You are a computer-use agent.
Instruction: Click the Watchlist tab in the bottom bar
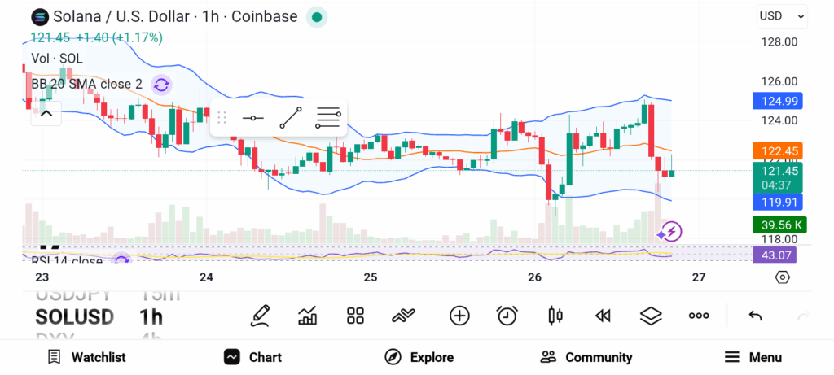click(x=87, y=357)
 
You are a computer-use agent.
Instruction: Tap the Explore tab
click(x=419, y=357)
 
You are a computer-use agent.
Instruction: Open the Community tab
click(x=586, y=357)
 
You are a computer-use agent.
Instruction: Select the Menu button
click(x=753, y=357)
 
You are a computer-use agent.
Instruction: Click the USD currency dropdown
click(x=782, y=15)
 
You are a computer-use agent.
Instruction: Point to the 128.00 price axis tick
click(x=779, y=42)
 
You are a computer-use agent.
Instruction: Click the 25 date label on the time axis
click(x=371, y=277)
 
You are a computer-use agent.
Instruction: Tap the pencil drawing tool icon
click(x=261, y=316)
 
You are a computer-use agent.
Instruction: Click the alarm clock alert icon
click(x=507, y=316)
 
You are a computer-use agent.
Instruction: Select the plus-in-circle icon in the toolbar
click(x=460, y=316)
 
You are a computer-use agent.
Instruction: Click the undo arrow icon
click(x=755, y=316)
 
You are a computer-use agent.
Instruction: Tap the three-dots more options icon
click(x=699, y=316)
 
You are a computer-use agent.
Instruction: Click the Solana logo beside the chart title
click(x=40, y=16)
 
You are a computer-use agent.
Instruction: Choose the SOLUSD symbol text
click(x=74, y=316)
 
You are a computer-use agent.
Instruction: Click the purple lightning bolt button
click(x=670, y=232)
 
